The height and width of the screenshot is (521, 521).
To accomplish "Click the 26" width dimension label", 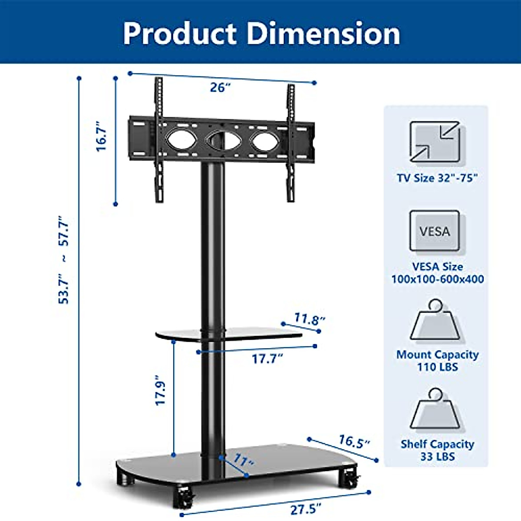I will pos(220,87).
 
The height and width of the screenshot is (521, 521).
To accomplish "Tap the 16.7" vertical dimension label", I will pos(102,136).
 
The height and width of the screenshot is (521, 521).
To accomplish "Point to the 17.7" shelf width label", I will pos(267,359).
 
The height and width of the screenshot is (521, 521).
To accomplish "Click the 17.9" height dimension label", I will pos(161,391).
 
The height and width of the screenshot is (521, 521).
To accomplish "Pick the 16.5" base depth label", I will pos(354,442).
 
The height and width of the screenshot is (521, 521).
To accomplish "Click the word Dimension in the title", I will pos(323,33).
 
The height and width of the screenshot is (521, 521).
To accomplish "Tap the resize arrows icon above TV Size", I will pos(435,142).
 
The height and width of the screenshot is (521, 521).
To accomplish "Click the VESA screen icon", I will pos(435,231).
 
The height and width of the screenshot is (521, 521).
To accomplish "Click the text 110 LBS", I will pos(438,367).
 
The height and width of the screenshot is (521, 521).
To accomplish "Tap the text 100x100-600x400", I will pos(438,279).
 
